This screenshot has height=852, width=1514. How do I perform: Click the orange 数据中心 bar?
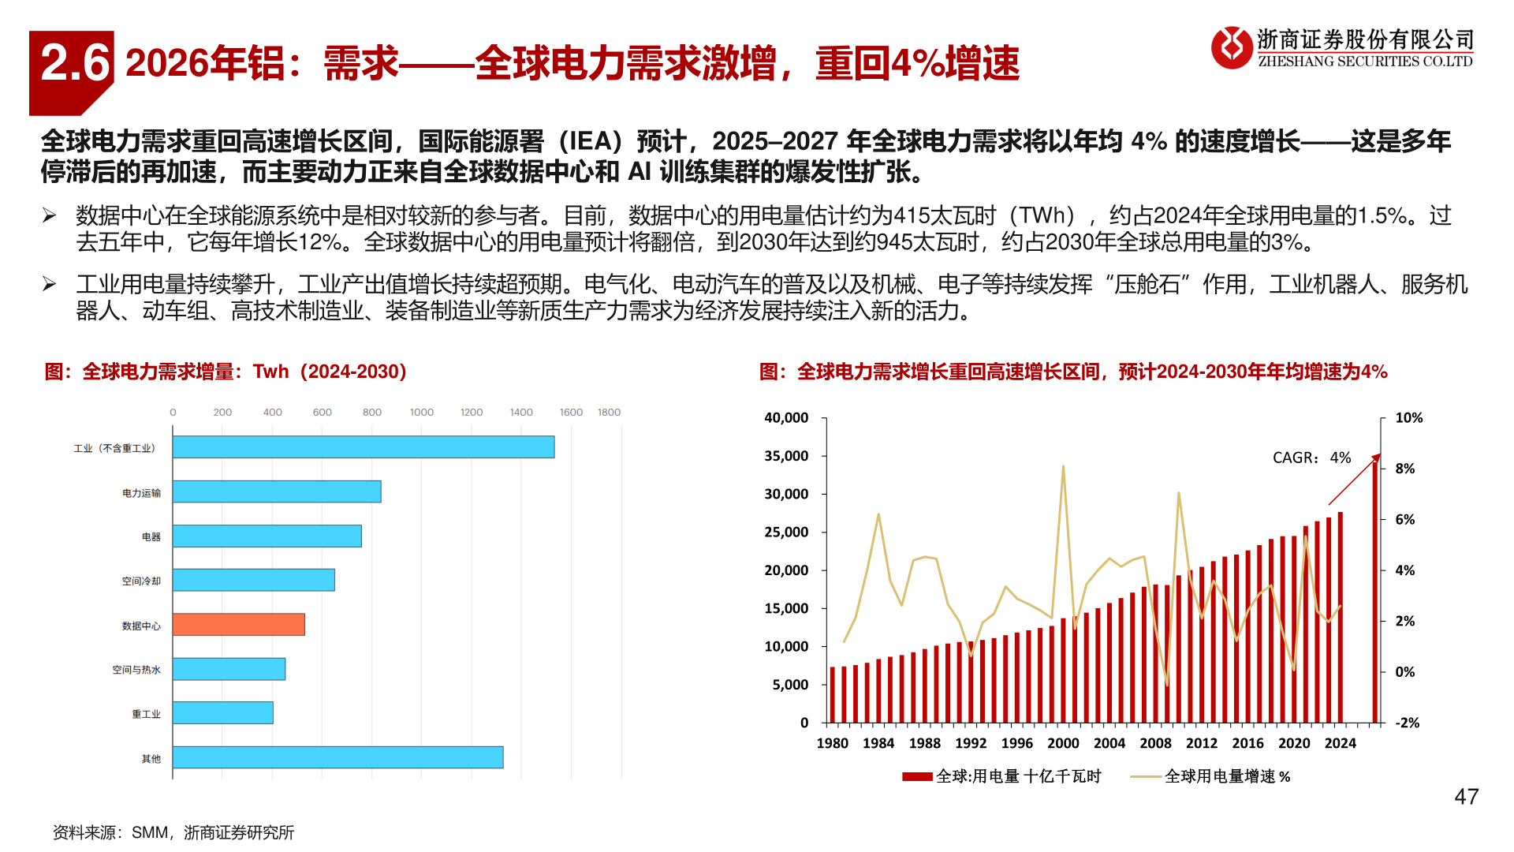point(238,625)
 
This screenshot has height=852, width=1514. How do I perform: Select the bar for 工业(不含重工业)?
point(363,447)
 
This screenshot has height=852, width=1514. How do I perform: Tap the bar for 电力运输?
point(276,491)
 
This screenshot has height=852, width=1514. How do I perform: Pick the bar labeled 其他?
point(337,757)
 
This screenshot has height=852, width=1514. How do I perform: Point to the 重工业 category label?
point(146,714)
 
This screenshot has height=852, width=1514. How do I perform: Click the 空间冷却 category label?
point(141,581)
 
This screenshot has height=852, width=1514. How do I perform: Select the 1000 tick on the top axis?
point(421,413)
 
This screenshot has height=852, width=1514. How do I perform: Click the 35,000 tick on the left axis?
point(786,456)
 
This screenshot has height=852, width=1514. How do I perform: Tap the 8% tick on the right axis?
point(1404,469)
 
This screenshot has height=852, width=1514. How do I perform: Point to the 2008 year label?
point(1155,743)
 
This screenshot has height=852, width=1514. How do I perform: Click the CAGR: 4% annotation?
point(1311,458)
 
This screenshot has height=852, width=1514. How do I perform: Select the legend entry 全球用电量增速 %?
point(1226,776)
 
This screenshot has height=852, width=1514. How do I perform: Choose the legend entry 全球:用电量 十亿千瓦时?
point(1017,776)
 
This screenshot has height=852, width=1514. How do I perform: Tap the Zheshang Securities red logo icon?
point(1232,47)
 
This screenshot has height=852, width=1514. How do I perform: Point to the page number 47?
point(1466,797)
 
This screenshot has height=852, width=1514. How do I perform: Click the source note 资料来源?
point(173,832)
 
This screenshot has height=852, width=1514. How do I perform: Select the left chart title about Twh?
point(226,372)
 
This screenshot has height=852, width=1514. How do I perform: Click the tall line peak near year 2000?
point(1063,466)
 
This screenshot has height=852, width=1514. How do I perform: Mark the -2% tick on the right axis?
point(1407,723)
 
